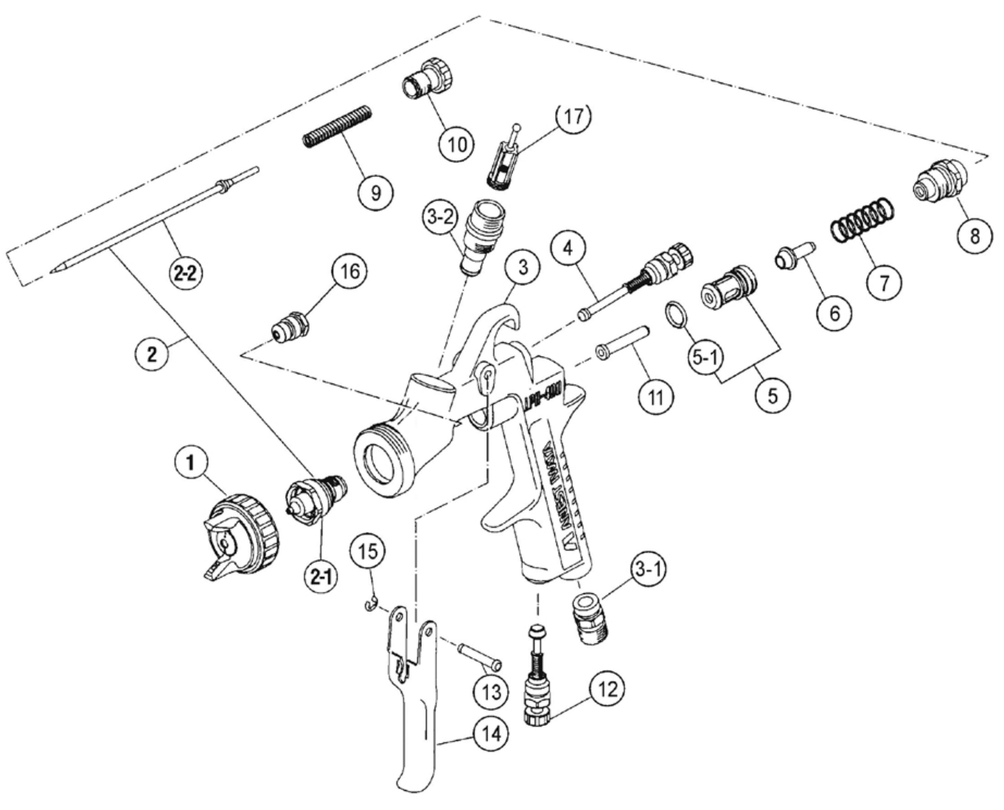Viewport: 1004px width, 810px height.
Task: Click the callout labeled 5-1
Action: click(x=705, y=358)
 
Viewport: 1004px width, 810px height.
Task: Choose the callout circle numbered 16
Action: click(x=349, y=273)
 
